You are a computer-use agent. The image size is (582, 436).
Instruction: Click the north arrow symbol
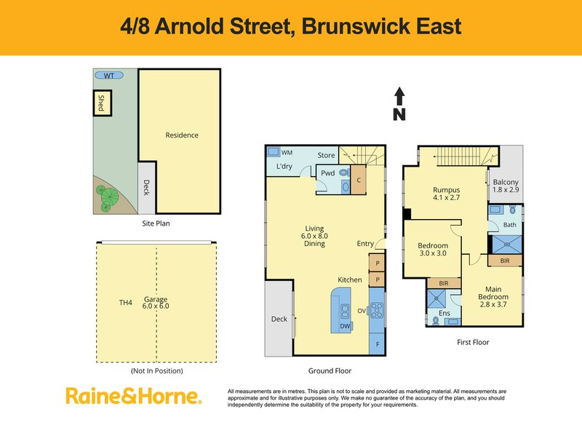(399, 103)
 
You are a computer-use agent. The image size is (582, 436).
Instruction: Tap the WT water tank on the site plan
(108, 75)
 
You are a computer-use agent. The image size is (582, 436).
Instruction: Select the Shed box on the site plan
(100, 104)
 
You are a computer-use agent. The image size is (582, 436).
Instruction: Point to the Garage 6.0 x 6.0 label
(155, 303)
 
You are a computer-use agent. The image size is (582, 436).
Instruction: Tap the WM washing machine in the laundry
(274, 153)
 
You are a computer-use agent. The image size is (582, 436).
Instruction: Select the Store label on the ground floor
(326, 155)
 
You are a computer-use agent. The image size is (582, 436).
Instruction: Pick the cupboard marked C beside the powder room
(359, 179)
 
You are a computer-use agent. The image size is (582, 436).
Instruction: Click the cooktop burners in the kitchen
(378, 311)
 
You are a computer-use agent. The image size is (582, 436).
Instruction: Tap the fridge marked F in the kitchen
(378, 342)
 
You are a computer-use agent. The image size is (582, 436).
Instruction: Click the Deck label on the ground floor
(279, 318)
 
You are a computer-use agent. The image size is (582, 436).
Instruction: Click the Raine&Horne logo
(133, 397)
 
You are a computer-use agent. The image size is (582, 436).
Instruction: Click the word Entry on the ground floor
(366, 245)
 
